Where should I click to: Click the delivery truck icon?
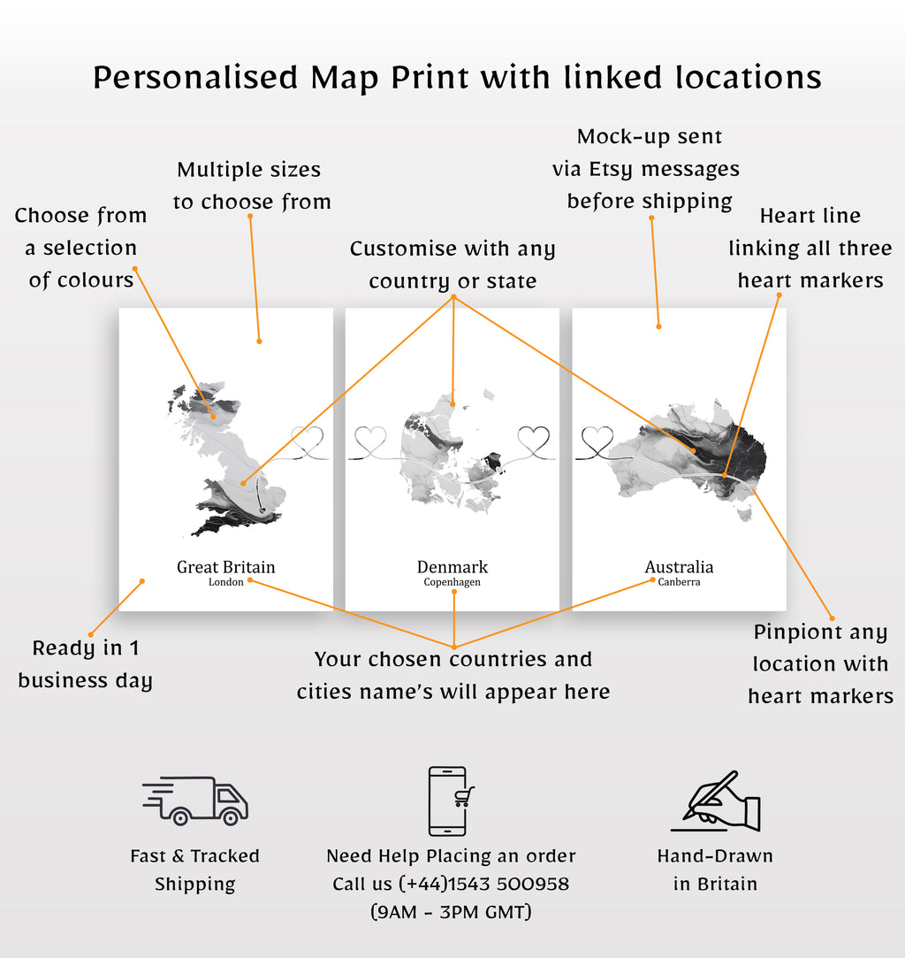196,800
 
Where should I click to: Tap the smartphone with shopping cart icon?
452,801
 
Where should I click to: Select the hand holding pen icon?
716,801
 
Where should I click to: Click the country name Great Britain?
225,567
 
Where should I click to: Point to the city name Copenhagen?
452,583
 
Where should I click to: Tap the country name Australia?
679,567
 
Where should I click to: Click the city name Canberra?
679,583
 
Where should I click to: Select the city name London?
225,583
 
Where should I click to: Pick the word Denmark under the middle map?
452,567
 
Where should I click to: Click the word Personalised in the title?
195,78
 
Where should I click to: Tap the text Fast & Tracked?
194,855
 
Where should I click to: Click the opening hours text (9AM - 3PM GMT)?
451,912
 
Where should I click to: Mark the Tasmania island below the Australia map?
745,513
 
